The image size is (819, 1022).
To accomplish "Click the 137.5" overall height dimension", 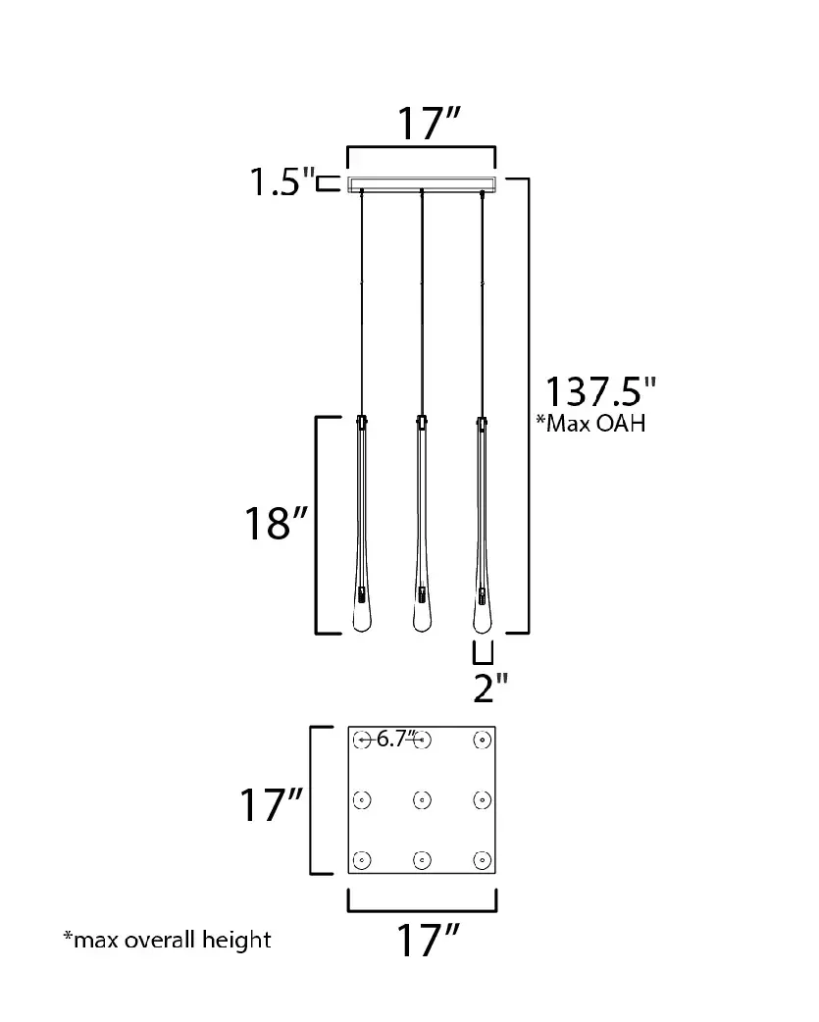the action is coord(600,391).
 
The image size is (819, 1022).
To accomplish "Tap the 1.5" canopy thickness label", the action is coord(282,181).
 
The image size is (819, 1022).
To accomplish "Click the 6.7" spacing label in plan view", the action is coord(395,739).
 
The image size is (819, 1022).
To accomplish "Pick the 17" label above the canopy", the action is coord(428,123).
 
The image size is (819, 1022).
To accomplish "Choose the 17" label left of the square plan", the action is coord(271,804).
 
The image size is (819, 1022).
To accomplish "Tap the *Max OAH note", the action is coord(590,423).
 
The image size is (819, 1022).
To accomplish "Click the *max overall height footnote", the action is coord(167,940).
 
